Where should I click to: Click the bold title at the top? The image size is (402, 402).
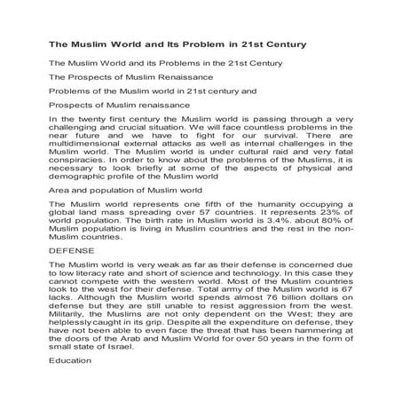177,43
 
